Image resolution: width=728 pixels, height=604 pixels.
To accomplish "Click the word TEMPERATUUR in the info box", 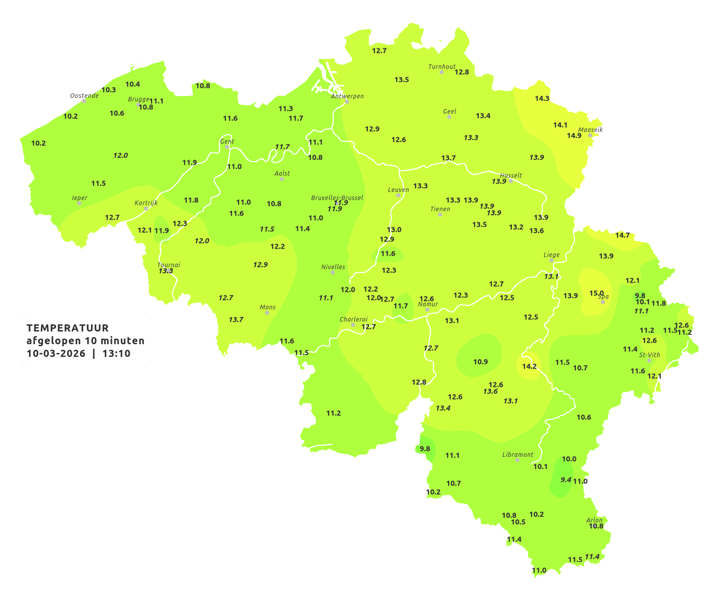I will point(68,328).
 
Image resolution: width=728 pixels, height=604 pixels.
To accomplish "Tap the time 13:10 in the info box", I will point(117,353).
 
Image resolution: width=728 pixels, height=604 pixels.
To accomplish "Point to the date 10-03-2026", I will point(56,353).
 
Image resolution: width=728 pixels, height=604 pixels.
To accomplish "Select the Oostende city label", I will point(84,96).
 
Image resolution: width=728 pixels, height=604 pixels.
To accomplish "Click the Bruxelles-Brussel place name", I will point(337,198).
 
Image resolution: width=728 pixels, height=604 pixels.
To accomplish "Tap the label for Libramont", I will point(518,455).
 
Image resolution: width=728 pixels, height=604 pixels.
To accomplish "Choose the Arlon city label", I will point(594,520).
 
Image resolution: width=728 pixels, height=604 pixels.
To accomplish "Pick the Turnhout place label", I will point(442,67).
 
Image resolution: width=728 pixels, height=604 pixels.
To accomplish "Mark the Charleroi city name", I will point(354,319).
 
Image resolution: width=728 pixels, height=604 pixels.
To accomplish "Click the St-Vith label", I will point(650,355).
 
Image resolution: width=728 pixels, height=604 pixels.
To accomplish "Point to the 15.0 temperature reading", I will point(596,293).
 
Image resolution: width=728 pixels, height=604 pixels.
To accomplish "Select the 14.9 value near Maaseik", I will point(574,136).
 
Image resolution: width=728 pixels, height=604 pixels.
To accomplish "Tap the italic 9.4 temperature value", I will point(566,479).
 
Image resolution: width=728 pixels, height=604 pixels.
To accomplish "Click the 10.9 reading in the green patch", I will point(480,362).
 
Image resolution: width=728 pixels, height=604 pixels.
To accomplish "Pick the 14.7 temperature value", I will point(623,235).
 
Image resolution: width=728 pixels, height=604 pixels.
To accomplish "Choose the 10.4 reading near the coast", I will point(133,84).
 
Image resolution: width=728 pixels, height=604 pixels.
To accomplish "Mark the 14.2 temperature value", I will point(530,367).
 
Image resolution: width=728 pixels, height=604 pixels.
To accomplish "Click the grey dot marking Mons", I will point(267,313).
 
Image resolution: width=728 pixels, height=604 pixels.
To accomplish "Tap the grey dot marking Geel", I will point(449,117).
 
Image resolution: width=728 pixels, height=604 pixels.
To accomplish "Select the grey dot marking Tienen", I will point(440,215).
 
